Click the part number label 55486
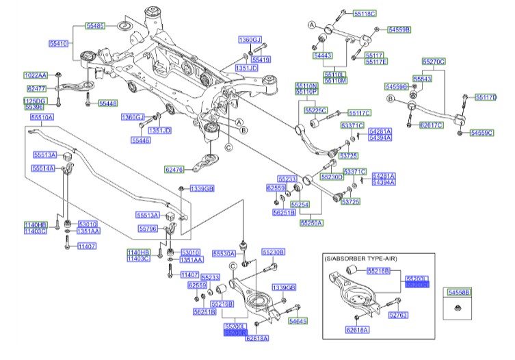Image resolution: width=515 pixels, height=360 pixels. click(x=95, y=25)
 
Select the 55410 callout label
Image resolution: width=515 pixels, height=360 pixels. click(x=58, y=43)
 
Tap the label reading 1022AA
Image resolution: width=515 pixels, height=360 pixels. click(x=36, y=75)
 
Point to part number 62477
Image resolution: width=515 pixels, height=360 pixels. click(x=36, y=88)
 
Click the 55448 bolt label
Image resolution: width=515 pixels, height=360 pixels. click(x=107, y=103)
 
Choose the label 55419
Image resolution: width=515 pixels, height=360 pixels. click(x=261, y=60)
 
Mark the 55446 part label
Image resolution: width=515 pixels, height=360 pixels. click(x=141, y=140)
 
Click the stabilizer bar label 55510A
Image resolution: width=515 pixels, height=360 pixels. click(x=41, y=117)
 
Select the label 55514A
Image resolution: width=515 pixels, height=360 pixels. click(x=43, y=168)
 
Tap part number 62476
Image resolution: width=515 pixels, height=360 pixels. click(x=174, y=168)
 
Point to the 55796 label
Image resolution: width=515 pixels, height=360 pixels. click(x=148, y=228)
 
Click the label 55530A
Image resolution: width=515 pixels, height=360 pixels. click(x=224, y=253)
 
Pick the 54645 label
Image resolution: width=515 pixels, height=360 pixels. click(x=298, y=320)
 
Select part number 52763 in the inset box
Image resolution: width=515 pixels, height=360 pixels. click(x=398, y=316)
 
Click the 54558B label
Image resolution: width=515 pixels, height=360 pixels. click(x=459, y=292)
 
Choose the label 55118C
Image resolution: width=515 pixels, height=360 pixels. click(x=365, y=13)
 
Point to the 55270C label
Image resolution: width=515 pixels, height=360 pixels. click(x=434, y=62)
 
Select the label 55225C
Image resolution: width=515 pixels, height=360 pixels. click(x=316, y=110)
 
